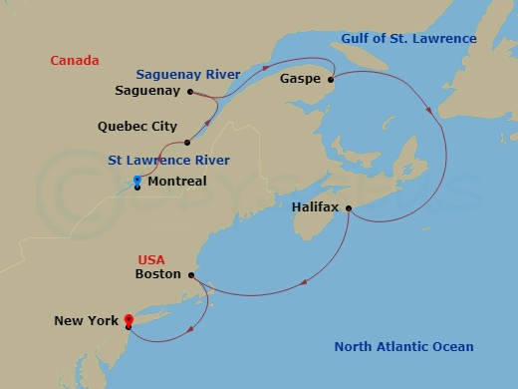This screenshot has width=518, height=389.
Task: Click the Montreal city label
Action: click(176, 182)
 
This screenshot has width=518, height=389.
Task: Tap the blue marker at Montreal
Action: click(136, 181)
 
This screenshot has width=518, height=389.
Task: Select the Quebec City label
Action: click(137, 127)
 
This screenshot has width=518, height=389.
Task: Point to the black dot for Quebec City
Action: click(187, 143)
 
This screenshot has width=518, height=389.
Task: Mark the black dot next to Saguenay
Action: click(190, 91)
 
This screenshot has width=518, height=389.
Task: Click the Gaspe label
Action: click(300, 77)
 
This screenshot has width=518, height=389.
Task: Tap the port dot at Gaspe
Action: click(331, 77)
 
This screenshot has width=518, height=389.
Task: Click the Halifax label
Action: click(316, 207)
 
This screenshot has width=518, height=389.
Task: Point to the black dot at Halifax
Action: click(348, 207)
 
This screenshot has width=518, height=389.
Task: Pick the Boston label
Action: click(158, 273)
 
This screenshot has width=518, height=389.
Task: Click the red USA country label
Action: click(152, 257)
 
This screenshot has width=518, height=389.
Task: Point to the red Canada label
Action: click(75, 61)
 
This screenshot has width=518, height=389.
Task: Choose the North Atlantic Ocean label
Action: click(403, 347)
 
